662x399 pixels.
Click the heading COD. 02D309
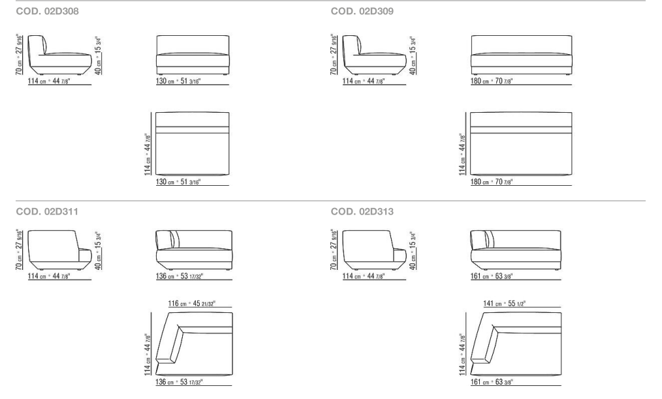click(362, 12)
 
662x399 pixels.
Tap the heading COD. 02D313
click(362, 211)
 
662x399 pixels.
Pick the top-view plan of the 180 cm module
click(521, 143)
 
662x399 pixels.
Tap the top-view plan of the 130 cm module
click(193, 143)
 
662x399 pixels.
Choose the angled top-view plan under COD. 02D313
click(516, 343)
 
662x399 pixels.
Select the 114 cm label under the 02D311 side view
click(49, 276)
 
